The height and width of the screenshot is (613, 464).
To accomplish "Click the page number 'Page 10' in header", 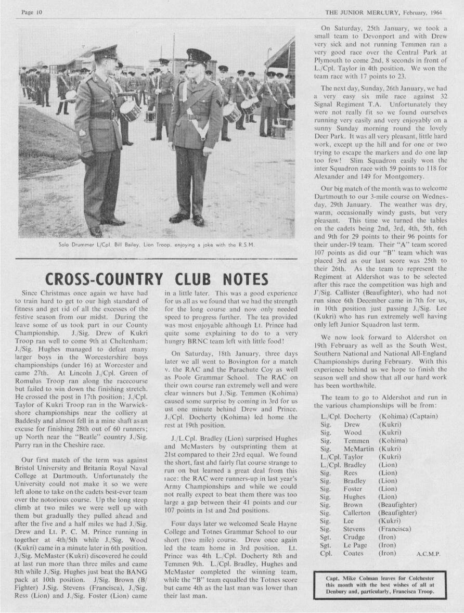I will point(32,11).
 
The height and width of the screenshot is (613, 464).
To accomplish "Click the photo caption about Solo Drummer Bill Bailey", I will point(157,245).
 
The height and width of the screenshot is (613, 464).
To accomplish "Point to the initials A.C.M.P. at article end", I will point(428,555).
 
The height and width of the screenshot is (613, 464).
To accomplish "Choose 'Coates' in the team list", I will point(354,553).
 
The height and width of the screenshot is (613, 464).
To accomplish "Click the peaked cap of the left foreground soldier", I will point(106,52).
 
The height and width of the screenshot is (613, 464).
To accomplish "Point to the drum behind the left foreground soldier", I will point(130,110).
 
